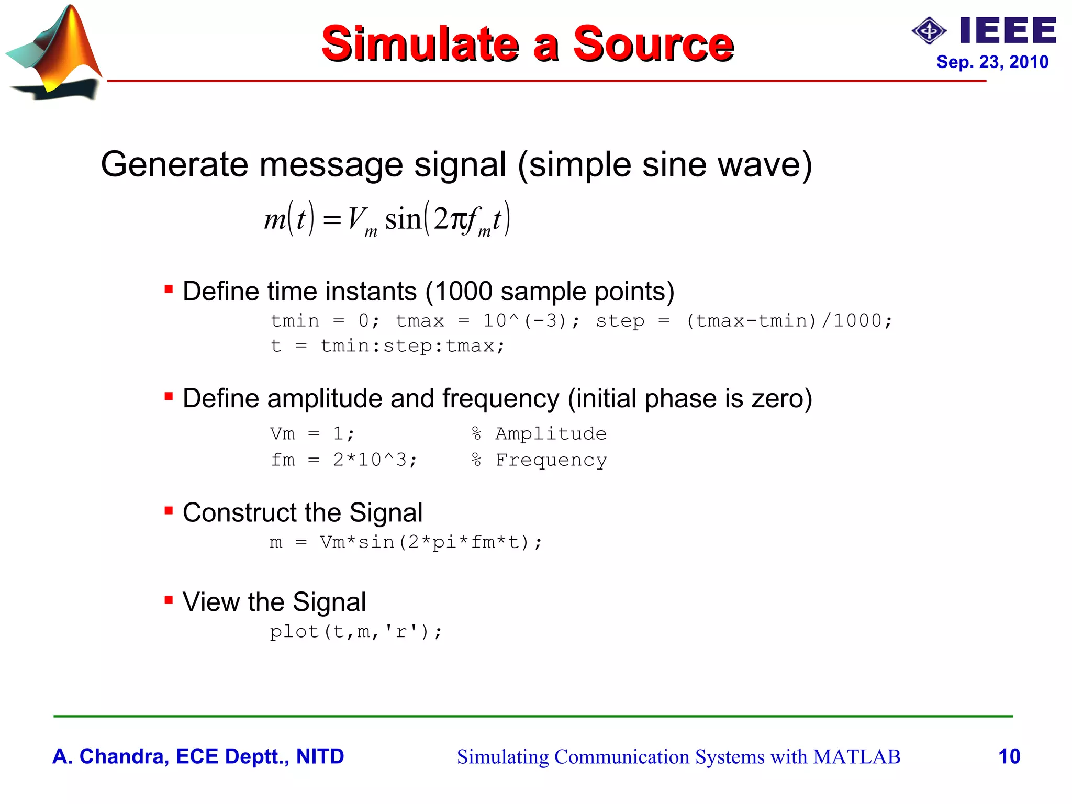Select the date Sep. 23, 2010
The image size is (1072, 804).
(x=992, y=62)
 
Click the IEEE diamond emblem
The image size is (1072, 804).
(x=929, y=31)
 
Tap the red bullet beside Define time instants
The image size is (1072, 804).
(x=169, y=289)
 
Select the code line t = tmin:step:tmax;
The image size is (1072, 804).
(x=387, y=346)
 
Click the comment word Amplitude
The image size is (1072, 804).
(x=551, y=434)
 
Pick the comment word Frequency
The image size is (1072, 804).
(x=551, y=460)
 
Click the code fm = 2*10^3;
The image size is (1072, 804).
(x=344, y=460)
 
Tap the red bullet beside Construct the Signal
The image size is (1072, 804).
(x=169, y=510)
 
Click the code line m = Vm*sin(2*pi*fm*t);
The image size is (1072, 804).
(x=406, y=542)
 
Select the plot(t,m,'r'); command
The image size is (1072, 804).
(x=356, y=632)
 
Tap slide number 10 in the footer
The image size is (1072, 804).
(x=1009, y=756)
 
